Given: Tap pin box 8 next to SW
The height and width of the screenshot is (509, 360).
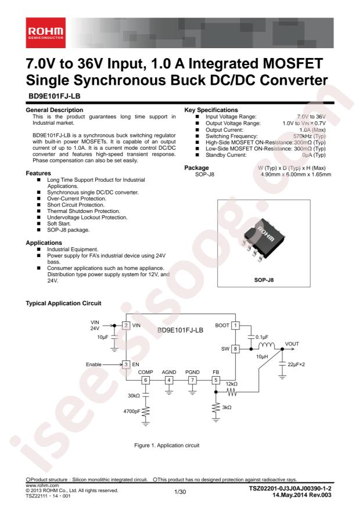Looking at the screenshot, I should (236, 349).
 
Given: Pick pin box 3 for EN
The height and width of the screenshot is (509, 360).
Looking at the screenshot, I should (125, 364).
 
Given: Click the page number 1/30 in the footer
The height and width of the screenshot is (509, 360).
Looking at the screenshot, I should (179, 492).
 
